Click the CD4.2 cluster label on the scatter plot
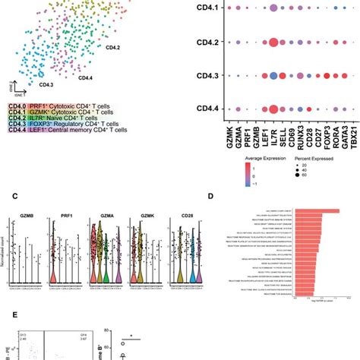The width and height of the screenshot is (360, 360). click(x=113, y=48)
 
